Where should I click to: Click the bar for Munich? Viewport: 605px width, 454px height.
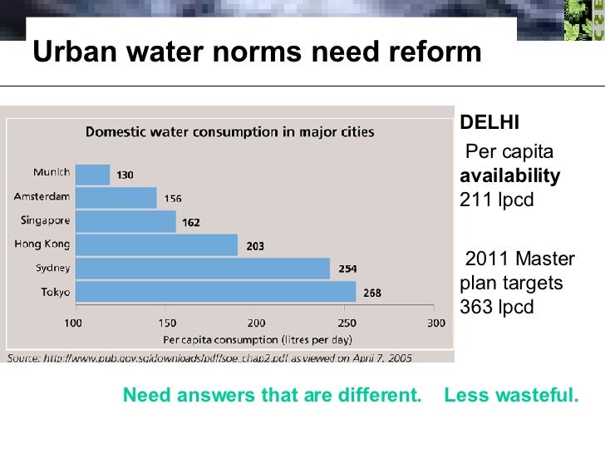point(92,175)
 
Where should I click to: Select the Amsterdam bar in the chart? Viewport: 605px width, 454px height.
point(116,198)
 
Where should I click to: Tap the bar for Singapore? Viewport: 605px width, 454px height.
point(125,221)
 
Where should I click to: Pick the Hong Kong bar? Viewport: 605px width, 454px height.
point(156,244)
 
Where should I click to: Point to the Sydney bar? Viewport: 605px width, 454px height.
point(202,269)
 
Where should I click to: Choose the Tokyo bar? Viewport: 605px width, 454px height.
point(215,292)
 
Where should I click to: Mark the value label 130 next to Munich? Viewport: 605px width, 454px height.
point(125,175)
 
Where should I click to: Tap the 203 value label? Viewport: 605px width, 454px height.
point(255,245)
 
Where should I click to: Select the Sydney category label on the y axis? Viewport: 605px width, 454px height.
point(52,269)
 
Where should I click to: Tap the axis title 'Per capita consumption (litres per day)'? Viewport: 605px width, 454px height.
point(258,339)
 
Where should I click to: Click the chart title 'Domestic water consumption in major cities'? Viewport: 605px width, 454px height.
point(230,131)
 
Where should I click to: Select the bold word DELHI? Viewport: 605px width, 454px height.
point(489,123)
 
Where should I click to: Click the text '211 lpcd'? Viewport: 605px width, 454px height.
point(496,200)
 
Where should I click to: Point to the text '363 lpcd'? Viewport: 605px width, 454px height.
point(496,307)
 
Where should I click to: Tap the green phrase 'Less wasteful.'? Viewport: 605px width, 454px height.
point(510,396)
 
